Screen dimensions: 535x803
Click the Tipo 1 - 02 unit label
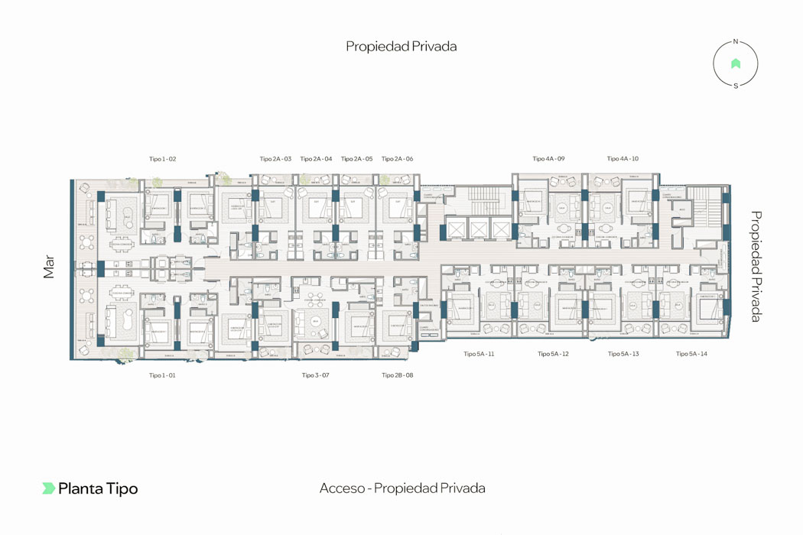tap(163, 159)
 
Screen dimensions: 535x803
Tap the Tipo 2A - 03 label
tap(275, 159)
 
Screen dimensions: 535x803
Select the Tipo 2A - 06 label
tap(397, 159)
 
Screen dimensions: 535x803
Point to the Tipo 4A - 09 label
tap(548, 159)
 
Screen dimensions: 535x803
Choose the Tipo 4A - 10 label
tap(623, 159)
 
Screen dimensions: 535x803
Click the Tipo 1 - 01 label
tap(162, 375)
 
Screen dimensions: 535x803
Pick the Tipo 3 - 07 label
tap(315, 375)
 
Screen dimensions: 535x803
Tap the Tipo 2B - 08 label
tap(397, 375)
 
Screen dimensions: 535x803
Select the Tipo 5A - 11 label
tap(479, 354)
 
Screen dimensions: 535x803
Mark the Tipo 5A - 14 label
tap(691, 354)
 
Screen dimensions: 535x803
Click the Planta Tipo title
tap(98, 488)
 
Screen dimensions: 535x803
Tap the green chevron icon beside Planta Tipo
tap(48, 488)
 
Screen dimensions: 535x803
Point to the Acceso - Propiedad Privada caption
tap(402, 488)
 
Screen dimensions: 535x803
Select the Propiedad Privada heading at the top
tap(401, 47)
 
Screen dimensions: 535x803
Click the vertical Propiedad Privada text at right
tap(756, 266)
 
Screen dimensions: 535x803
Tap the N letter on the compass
tap(736, 42)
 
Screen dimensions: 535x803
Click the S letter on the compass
tap(736, 86)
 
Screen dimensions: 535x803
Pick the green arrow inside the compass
tap(736, 64)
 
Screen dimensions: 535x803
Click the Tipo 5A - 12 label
tap(553, 354)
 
